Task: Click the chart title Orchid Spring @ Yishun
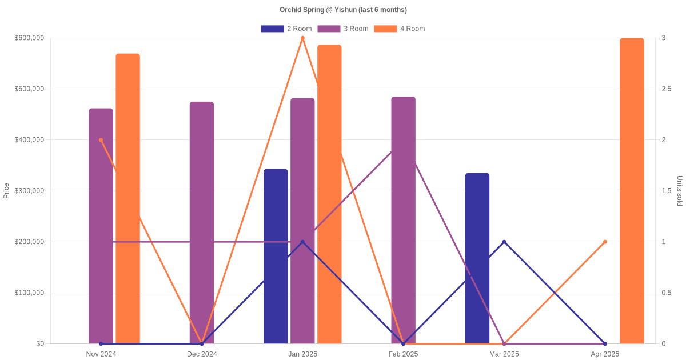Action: [x=343, y=10]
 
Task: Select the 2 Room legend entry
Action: [x=286, y=29]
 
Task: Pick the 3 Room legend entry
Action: [x=342, y=29]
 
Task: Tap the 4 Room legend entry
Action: [x=399, y=29]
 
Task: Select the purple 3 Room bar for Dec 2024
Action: [x=202, y=223]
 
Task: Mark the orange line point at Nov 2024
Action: [x=101, y=140]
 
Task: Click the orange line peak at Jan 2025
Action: [x=302, y=38]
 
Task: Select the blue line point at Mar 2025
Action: [x=504, y=242]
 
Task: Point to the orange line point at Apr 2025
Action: [x=605, y=242]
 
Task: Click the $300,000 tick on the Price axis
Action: [x=28, y=191]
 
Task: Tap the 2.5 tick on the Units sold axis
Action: [x=667, y=89]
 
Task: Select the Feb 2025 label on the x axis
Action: [x=403, y=354]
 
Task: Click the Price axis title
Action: [x=6, y=191]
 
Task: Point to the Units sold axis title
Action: [x=680, y=191]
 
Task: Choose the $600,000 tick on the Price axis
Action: [x=28, y=38]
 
